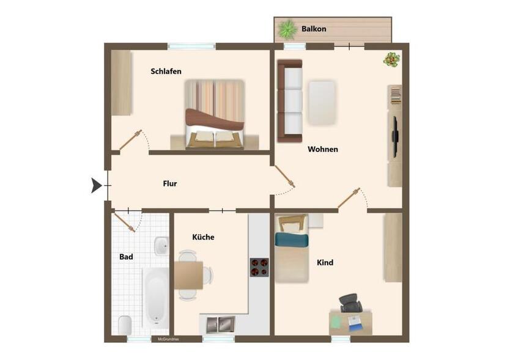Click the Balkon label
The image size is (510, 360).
tap(314, 29)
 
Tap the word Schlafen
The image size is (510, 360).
tap(166, 72)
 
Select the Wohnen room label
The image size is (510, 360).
tap(322, 149)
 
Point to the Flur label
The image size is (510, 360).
tap(170, 183)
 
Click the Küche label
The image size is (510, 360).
tap(203, 237)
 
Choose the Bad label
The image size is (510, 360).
tap(126, 257)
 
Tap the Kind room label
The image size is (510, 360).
tap(325, 263)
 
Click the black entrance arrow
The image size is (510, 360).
tap(96, 185)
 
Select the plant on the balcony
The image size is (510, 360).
tap(286, 29)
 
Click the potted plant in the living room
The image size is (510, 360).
tap(391, 60)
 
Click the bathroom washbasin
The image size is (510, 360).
tap(161, 246)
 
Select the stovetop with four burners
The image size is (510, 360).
tap(259, 267)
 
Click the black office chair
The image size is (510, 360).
tap(350, 302)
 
